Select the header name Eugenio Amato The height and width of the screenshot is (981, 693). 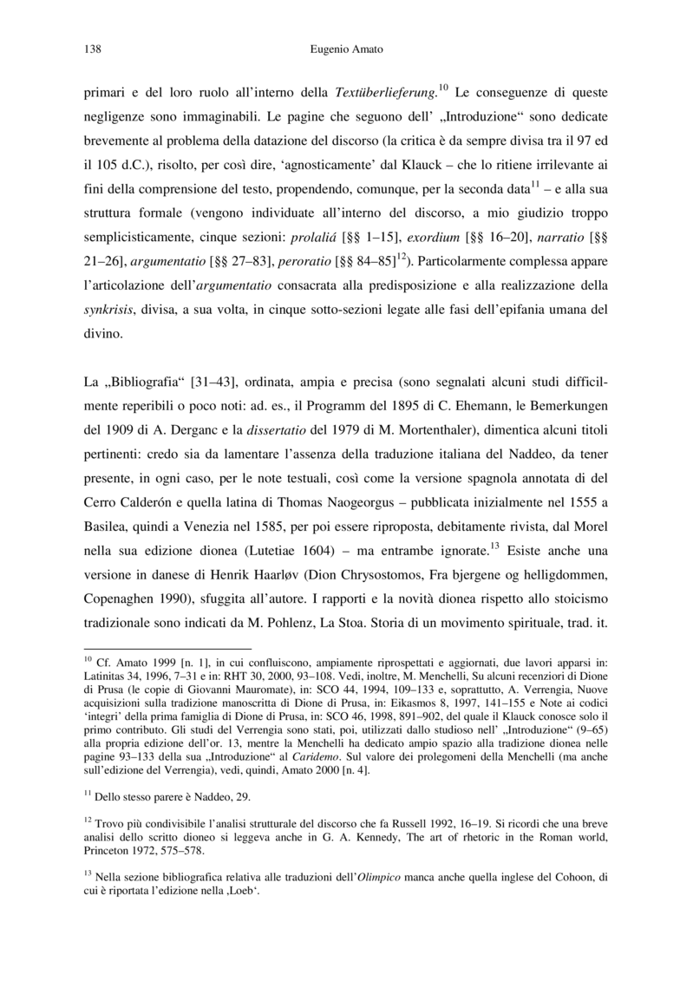pyautogui.click(x=346, y=50)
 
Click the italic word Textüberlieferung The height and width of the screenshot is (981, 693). pyautogui.click(x=385, y=92)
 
